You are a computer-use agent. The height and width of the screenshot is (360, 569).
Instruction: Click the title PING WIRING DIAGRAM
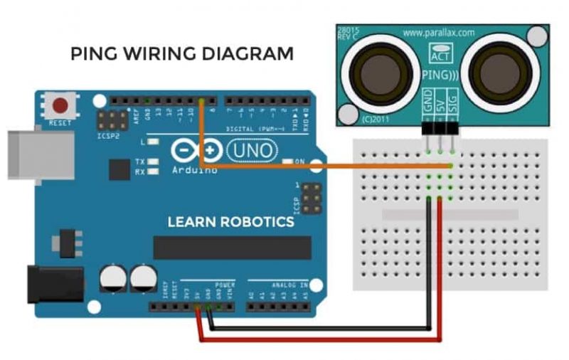[181, 54]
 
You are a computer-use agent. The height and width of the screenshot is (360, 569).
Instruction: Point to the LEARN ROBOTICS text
[230, 223]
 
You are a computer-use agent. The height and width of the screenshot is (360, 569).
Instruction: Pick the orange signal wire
[320, 168]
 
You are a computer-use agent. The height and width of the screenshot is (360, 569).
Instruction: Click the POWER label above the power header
[225, 284]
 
